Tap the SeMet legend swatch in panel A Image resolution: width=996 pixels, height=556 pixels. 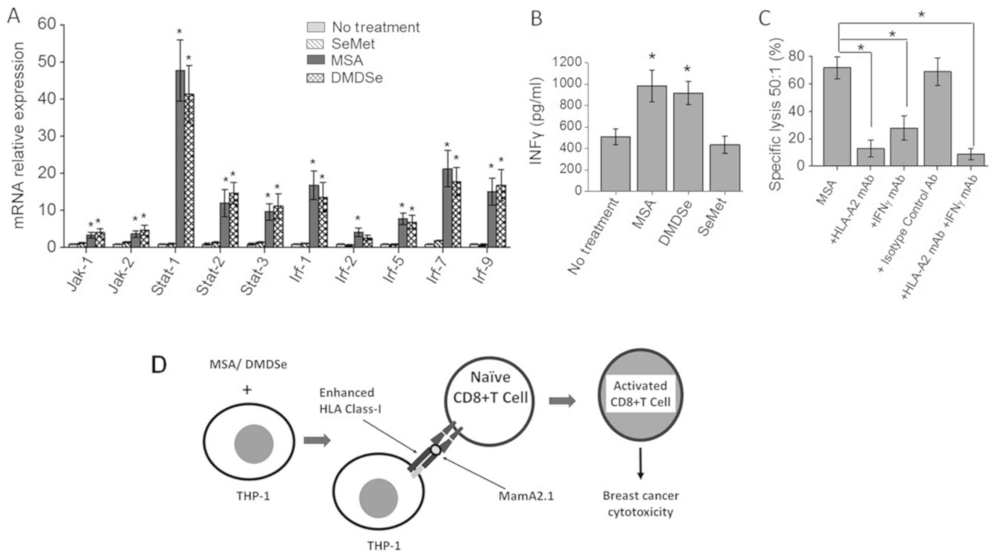(315, 44)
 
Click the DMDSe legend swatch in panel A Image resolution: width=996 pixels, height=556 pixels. (315, 78)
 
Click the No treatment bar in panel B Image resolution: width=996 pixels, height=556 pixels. (615, 164)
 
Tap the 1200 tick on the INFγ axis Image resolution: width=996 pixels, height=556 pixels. (571, 62)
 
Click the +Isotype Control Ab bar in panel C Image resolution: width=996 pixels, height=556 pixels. (937, 119)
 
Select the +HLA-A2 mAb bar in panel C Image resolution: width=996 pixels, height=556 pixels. (870, 157)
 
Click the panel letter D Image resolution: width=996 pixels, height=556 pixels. (159, 365)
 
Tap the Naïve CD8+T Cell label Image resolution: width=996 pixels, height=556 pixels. (490, 387)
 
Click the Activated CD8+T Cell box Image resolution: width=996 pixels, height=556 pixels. (640, 393)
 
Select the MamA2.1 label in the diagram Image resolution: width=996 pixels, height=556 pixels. (526, 496)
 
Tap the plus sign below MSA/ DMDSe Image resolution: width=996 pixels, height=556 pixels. (247, 390)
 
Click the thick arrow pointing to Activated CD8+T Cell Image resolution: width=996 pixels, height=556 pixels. (562, 401)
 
